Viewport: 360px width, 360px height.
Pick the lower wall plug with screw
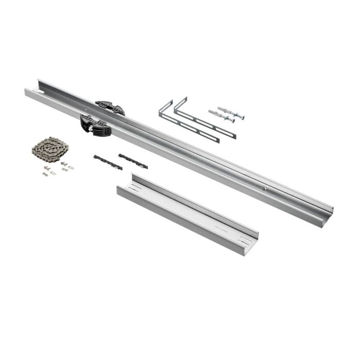[x=221, y=116]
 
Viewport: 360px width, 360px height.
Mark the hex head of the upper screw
[x=242, y=117]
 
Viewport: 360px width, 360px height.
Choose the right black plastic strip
[x=133, y=161]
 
